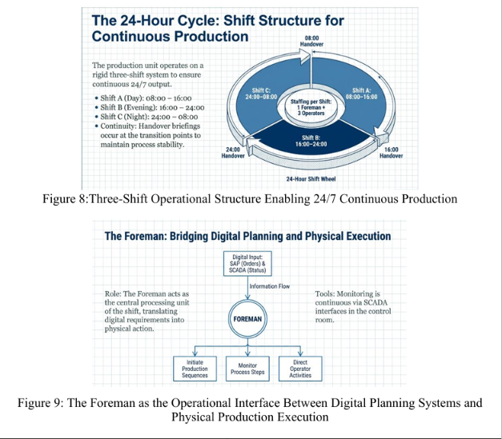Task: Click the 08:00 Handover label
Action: pyautogui.click(x=311, y=42)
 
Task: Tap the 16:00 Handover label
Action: pyautogui.click(x=391, y=153)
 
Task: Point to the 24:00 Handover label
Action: pyautogui.click(x=233, y=153)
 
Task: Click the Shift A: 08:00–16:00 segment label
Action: pyautogui.click(x=361, y=94)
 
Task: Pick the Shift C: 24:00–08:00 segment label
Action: pyautogui.click(x=261, y=94)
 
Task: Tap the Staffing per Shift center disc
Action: pyautogui.click(x=311, y=108)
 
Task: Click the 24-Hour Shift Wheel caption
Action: pyautogui.click(x=311, y=179)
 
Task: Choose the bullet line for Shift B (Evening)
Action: pyautogui.click(x=150, y=107)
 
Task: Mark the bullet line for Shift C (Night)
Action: pyautogui.click(x=147, y=117)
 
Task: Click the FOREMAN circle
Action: pyautogui.click(x=247, y=319)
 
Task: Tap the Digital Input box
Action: pyautogui.click(x=247, y=264)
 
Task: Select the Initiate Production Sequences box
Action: pyautogui.click(x=195, y=369)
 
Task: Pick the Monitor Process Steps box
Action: pyautogui.click(x=247, y=369)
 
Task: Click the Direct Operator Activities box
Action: pyautogui.click(x=300, y=369)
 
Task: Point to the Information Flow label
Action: pyautogui.click(x=270, y=286)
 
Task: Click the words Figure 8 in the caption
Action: pyautogui.click(x=64, y=199)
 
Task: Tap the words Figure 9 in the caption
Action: pyautogui.click(x=39, y=402)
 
